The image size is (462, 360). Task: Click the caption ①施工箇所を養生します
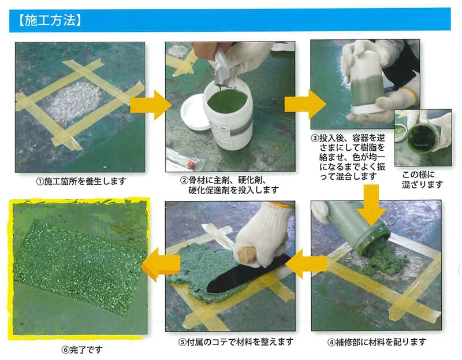[81, 181]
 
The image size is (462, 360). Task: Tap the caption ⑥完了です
[82, 350]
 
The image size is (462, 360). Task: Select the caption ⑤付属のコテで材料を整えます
[236, 342]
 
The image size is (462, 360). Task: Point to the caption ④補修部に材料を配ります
[377, 342]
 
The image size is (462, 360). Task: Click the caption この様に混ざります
[423, 180]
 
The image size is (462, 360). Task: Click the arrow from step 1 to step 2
[151, 105]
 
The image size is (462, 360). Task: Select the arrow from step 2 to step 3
[305, 105]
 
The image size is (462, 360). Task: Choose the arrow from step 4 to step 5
[306, 263]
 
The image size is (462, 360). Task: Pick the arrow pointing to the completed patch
[161, 264]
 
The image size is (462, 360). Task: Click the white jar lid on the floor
[194, 112]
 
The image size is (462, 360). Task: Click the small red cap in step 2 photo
[191, 163]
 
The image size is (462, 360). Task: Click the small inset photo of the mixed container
[423, 138]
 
